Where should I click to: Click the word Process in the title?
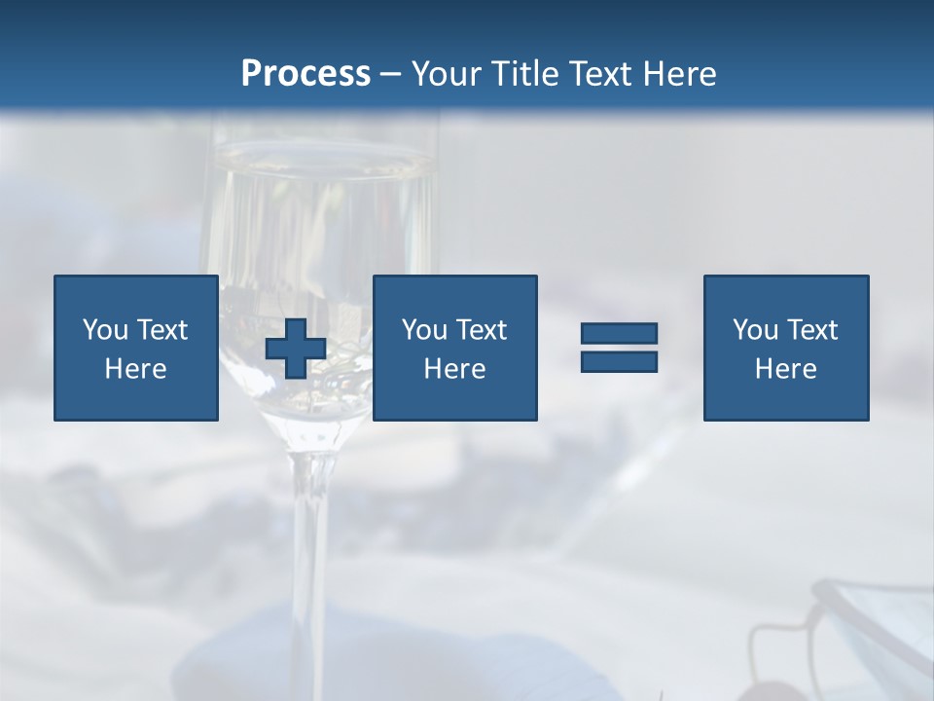305,74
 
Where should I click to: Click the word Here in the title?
680,74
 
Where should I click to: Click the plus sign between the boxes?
296,349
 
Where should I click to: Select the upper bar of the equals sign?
619,334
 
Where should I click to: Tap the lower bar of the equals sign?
619,361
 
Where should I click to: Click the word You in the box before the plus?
105,330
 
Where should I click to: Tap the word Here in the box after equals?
785,369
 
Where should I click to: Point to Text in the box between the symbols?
481,330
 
